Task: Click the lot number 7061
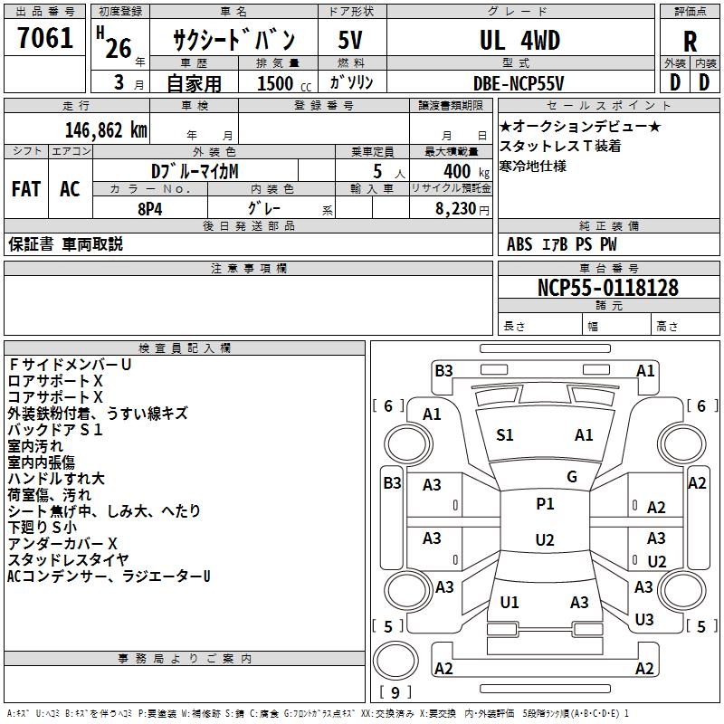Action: pos(45,40)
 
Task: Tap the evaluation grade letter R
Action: pos(690,42)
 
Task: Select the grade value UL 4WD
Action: pos(519,41)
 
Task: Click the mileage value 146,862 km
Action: pos(106,129)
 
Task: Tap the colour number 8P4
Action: pos(149,207)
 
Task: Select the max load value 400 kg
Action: pos(462,171)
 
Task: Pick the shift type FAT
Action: pos(25,188)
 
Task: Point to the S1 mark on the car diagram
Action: pos(505,435)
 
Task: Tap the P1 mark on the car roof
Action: pos(545,504)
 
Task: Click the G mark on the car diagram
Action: pos(572,477)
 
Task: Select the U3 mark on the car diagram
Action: pos(643,620)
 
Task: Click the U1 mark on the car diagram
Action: pos(510,603)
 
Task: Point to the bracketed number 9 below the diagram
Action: pos(395,693)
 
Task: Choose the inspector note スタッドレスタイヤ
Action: pos(68,559)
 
